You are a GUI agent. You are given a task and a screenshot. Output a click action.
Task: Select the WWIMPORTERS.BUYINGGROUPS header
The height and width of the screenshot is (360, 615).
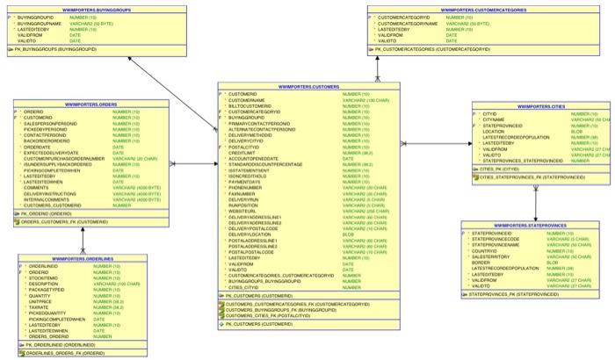pos(67,10)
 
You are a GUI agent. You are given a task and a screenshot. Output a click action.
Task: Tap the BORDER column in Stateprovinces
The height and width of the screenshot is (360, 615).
pos(481,262)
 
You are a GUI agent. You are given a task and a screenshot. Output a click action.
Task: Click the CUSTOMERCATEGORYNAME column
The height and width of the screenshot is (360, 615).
pos(408,22)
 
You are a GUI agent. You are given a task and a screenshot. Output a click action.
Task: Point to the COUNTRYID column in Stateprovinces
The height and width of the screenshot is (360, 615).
pos(488,250)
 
